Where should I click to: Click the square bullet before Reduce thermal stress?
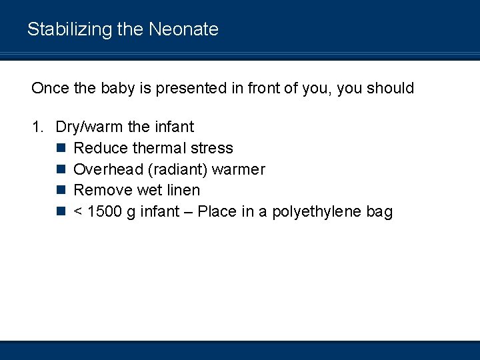click(x=61, y=148)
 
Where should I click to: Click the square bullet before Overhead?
click(x=61, y=169)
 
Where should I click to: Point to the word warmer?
click(x=238, y=169)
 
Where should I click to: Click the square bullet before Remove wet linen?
click(x=61, y=191)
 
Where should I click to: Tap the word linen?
click(x=182, y=191)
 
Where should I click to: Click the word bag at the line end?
click(x=380, y=213)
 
